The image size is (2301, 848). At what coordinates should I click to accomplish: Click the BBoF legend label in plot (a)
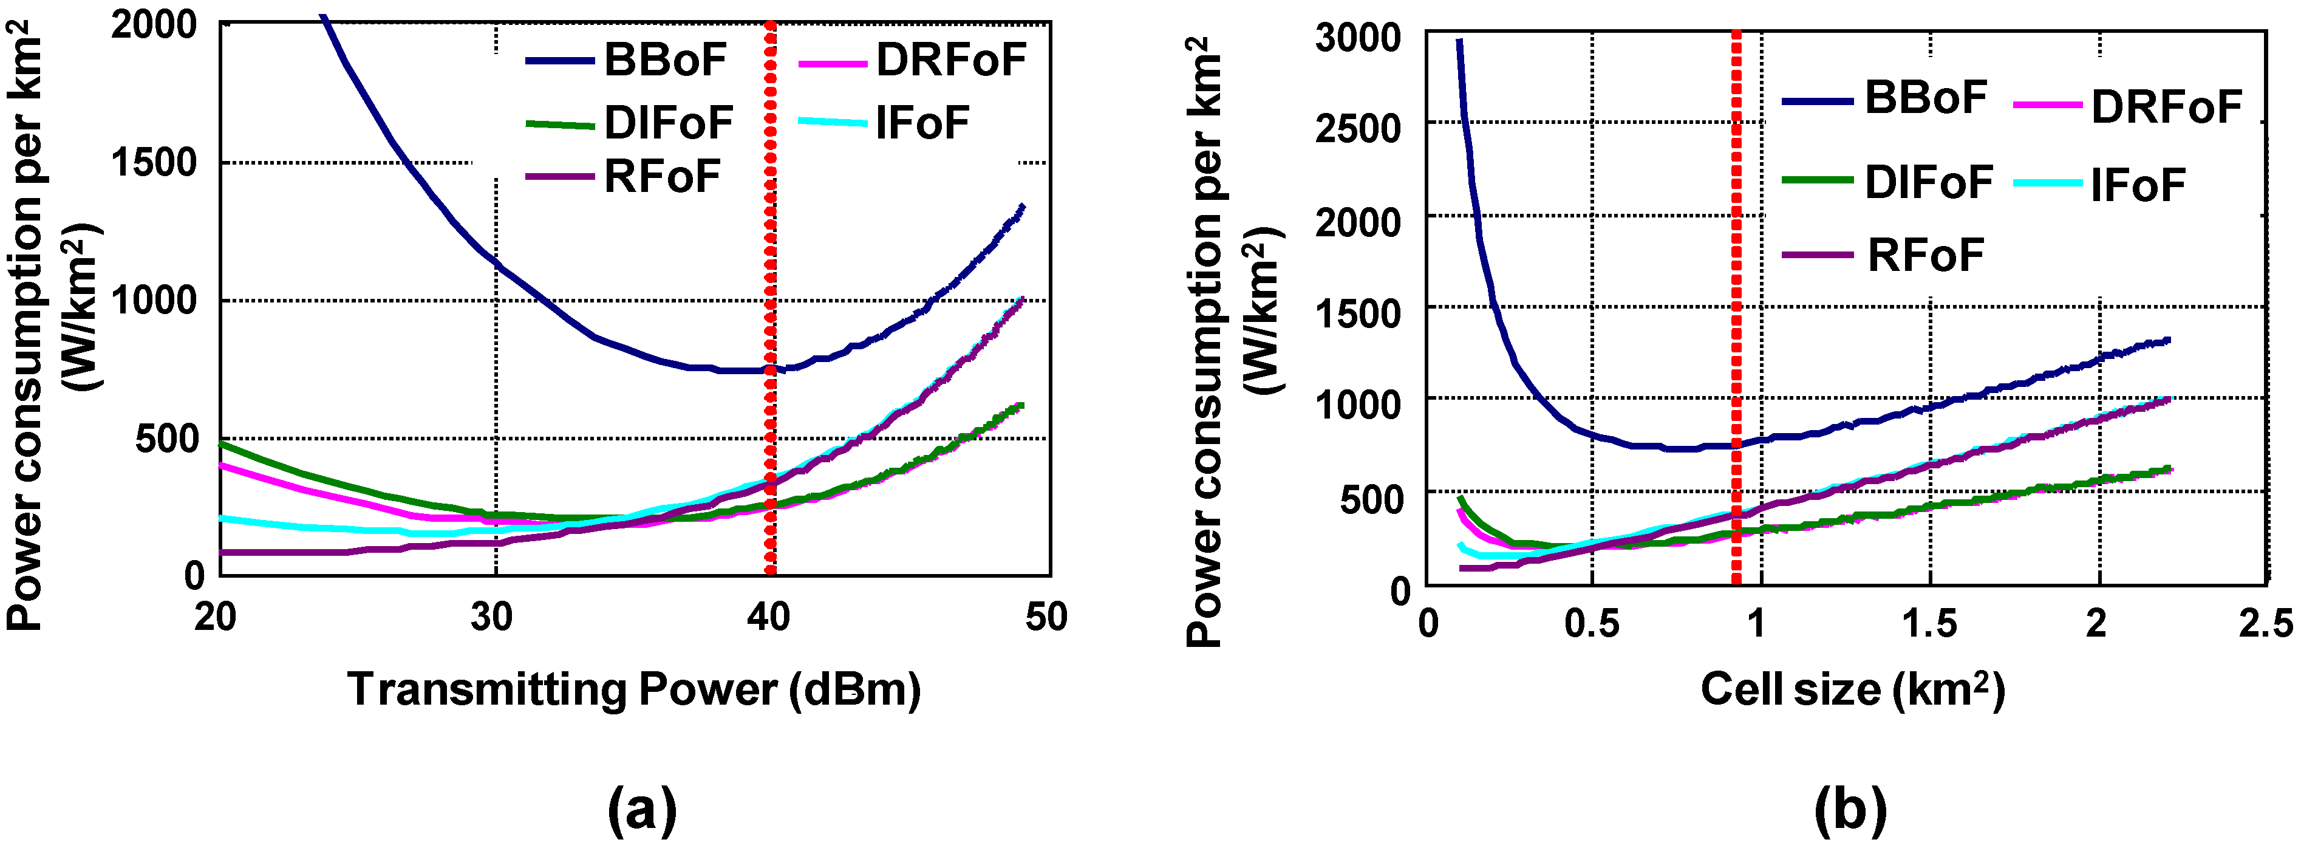(666, 61)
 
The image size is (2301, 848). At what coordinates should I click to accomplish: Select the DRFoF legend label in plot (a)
(950, 61)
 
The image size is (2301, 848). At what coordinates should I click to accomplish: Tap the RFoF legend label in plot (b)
(1925, 256)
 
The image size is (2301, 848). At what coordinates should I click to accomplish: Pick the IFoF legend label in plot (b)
(2138, 186)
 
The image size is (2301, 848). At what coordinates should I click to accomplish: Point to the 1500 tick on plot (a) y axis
(153, 163)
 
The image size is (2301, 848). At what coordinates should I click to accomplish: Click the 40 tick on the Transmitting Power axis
(768, 617)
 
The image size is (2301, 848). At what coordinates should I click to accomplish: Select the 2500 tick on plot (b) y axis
(1358, 128)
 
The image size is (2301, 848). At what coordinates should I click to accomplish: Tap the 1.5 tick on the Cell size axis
(1929, 623)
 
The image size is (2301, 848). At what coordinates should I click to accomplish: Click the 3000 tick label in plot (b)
(1358, 38)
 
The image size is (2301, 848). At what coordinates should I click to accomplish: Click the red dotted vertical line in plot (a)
(770, 268)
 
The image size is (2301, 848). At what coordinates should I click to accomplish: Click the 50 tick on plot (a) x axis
(1045, 617)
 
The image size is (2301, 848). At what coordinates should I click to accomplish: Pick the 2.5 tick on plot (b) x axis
(2265, 623)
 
